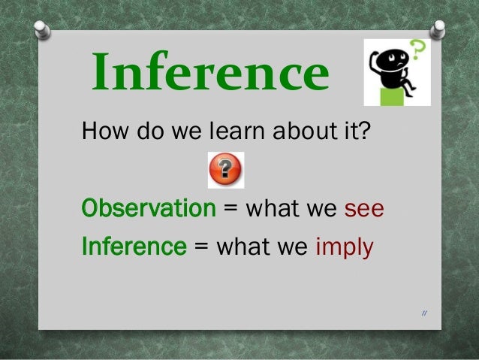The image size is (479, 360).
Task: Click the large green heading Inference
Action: [x=211, y=74]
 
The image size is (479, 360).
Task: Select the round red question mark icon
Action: [x=225, y=170]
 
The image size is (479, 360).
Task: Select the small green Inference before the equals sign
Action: [x=133, y=246]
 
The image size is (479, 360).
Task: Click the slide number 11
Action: [x=424, y=313]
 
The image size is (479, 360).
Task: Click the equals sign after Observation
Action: [x=231, y=209]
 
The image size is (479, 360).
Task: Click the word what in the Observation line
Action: [x=273, y=208]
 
